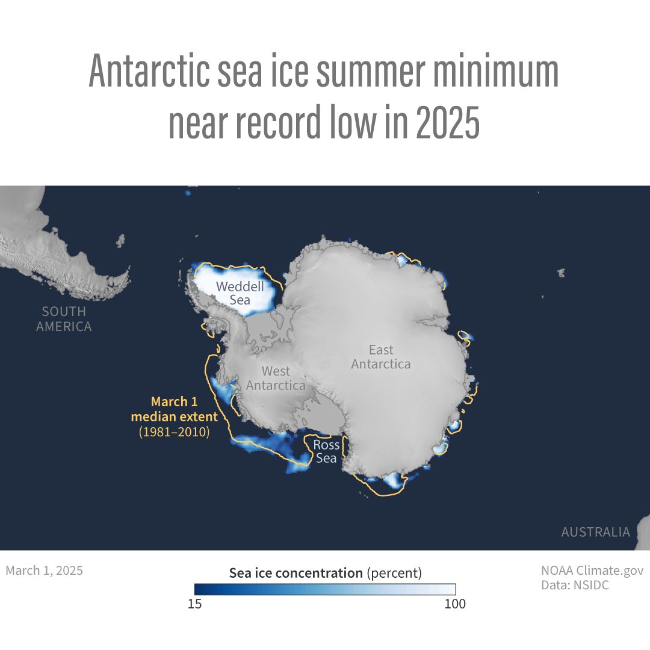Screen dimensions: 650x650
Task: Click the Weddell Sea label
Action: (241, 292)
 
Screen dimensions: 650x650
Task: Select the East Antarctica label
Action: (381, 357)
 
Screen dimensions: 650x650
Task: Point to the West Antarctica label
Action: (276, 378)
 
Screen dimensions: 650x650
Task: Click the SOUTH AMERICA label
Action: (64, 319)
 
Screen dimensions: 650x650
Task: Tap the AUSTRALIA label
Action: (595, 532)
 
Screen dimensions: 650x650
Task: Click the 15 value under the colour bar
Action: (194, 604)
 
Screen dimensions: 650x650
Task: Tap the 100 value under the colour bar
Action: (454, 604)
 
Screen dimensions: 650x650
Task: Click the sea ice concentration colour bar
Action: (325, 589)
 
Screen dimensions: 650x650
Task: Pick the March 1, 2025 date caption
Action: (45, 570)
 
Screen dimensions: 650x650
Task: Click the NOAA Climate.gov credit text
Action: (592, 570)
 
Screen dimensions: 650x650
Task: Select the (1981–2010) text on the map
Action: (174, 432)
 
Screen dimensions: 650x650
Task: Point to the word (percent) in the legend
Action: (394, 573)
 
